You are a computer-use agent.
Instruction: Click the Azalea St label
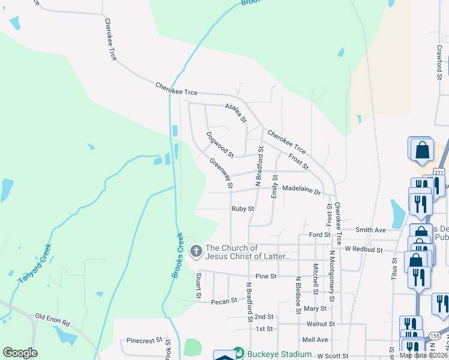[x=236, y=112]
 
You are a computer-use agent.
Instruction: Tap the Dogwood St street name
[x=220, y=145]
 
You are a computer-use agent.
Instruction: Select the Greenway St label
[x=221, y=173]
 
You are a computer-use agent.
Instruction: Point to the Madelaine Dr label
[x=302, y=189]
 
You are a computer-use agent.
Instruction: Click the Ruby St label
[x=243, y=209]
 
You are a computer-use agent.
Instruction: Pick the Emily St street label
[x=274, y=187]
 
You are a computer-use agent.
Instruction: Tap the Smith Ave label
[x=370, y=230]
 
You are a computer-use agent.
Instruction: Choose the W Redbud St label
[x=364, y=248]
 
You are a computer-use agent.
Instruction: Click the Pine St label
[x=265, y=276]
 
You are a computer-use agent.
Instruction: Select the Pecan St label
[x=225, y=301]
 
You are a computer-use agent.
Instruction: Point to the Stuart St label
[x=197, y=287]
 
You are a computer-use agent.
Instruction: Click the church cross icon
[x=196, y=251]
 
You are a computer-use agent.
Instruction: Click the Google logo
[x=20, y=353]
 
